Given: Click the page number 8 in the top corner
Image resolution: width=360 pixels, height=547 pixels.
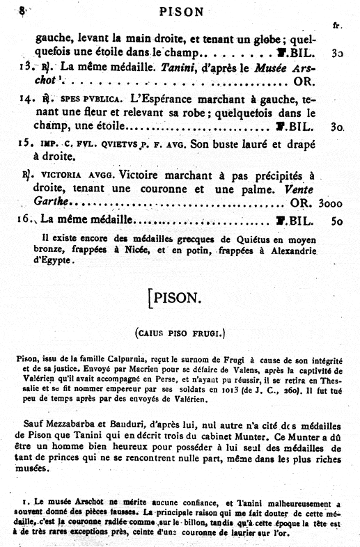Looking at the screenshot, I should [x=24, y=10].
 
